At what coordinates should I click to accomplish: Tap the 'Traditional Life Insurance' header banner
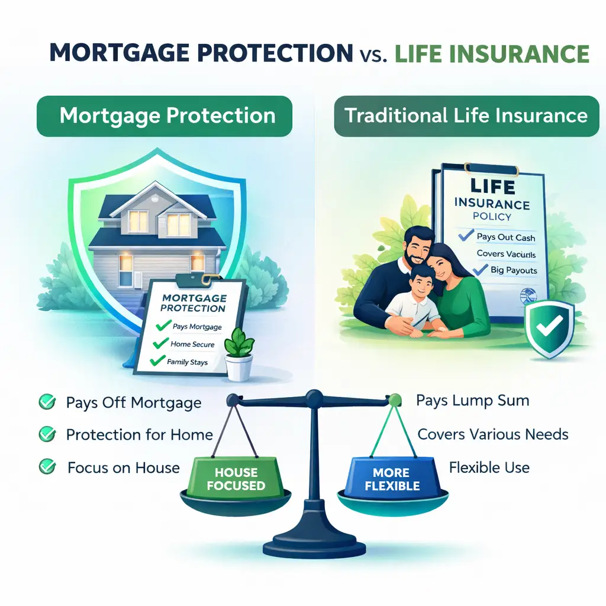click(466, 115)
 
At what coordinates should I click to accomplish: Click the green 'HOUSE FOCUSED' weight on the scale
click(237, 478)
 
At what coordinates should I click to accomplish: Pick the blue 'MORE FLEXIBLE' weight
click(392, 478)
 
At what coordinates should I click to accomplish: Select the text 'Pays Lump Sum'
click(472, 401)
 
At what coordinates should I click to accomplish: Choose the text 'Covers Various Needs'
click(492, 434)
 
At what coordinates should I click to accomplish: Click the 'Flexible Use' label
click(489, 468)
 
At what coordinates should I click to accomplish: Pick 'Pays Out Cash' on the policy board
click(505, 237)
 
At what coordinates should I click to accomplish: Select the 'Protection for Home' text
click(139, 435)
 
